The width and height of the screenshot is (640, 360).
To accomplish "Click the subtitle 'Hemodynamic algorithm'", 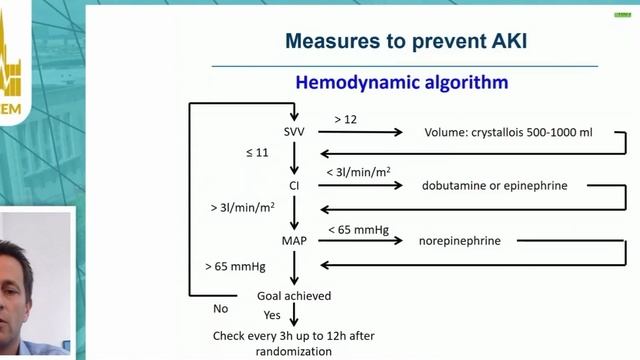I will click(401, 82).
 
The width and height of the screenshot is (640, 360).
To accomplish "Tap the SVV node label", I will click(294, 131).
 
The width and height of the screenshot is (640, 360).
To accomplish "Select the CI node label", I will click(294, 185).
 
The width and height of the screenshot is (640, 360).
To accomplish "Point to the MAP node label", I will click(294, 240).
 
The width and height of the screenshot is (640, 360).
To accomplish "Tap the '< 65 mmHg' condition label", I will click(353, 230).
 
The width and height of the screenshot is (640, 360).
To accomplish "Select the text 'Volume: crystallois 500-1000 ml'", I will click(493, 131).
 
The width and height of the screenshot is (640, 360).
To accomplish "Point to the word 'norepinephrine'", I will click(460, 240).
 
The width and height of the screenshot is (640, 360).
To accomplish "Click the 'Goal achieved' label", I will click(294, 296).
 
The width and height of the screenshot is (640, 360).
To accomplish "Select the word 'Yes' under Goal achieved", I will click(273, 316).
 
